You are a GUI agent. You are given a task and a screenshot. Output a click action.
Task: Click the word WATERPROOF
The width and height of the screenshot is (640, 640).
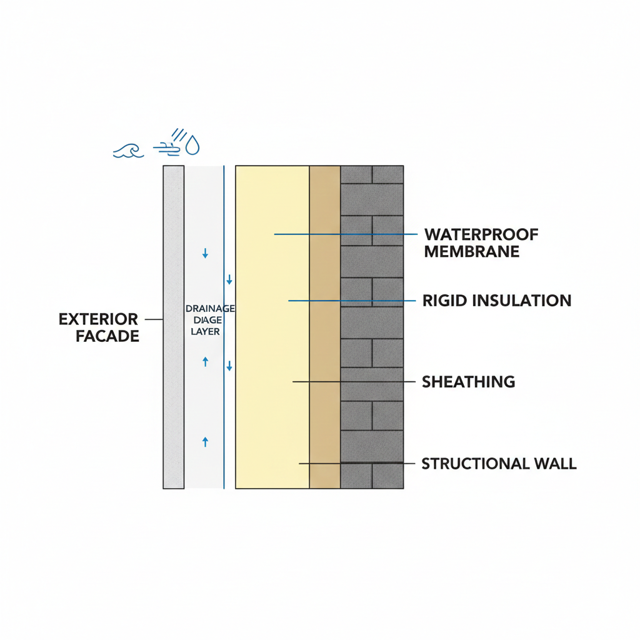[x=481, y=235]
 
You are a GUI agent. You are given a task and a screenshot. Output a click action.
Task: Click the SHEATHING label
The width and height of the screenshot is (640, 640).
[x=469, y=381]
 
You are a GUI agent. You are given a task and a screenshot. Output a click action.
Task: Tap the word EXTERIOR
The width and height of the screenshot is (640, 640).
[x=98, y=320]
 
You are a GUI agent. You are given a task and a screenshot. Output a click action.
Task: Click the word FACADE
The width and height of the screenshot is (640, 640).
[x=107, y=336]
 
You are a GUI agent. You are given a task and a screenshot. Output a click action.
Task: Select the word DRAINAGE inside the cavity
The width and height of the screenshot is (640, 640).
[x=210, y=308]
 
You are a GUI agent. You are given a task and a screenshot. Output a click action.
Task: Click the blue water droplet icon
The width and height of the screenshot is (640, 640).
[x=194, y=146]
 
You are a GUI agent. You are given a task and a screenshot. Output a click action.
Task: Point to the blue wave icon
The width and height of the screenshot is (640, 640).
[x=128, y=150]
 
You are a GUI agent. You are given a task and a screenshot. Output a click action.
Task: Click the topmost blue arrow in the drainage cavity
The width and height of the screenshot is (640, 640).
[x=205, y=254]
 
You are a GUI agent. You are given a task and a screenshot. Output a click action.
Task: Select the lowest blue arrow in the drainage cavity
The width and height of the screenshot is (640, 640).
[x=205, y=442]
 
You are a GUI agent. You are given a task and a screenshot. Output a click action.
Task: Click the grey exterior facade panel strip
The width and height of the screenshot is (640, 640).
[x=174, y=375]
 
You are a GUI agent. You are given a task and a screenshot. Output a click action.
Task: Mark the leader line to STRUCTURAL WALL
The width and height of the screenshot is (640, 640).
[x=356, y=464]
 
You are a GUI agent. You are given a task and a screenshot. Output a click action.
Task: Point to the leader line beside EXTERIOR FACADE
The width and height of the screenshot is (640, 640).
[x=154, y=319]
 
